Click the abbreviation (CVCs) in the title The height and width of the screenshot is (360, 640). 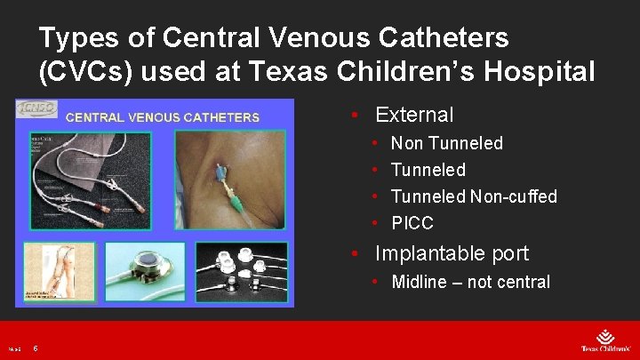pyautogui.click(x=92, y=71)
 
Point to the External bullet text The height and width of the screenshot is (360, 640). pyautogui.click(x=414, y=115)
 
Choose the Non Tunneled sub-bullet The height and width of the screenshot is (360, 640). pyautogui.click(x=447, y=143)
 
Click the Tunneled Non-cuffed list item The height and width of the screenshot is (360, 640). pyautogui.click(x=474, y=196)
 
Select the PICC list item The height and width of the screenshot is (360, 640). pyautogui.click(x=412, y=223)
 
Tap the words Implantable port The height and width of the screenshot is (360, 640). pyautogui.click(x=452, y=253)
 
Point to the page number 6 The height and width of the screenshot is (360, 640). pyautogui.click(x=35, y=348)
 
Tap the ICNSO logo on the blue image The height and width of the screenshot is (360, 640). pyautogui.click(x=36, y=109)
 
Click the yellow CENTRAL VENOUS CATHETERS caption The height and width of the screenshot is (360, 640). pyautogui.click(x=163, y=116)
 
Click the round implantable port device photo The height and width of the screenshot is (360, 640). pyautogui.click(x=146, y=268)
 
